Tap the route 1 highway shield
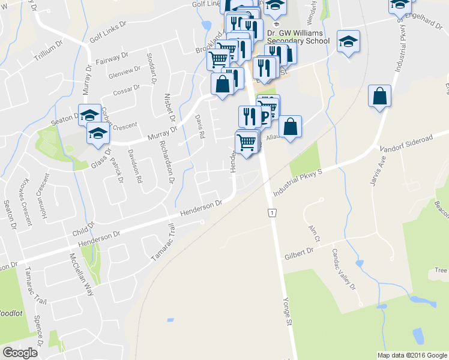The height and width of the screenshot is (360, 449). click(x=273, y=214)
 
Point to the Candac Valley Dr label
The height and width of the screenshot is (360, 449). click(x=340, y=270)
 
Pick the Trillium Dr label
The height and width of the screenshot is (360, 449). click(x=49, y=49)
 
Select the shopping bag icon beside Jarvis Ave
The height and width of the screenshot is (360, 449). click(x=379, y=97)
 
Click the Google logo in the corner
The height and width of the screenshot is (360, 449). click(x=20, y=353)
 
